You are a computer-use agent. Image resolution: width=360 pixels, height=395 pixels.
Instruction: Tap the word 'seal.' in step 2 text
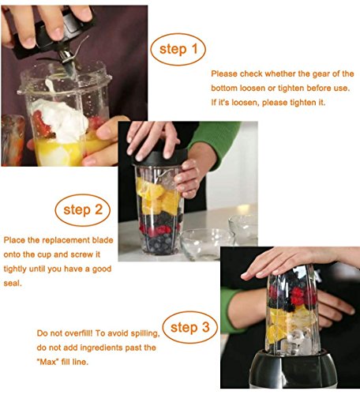tap(13, 284)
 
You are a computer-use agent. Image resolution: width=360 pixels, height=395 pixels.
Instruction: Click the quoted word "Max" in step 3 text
tap(47, 362)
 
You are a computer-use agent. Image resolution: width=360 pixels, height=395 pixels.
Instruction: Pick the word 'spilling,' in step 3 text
tap(145, 333)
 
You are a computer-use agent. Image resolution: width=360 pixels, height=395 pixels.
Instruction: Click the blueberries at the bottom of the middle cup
tap(159, 244)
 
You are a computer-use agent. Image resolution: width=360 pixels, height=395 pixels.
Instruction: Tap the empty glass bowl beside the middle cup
tap(207, 244)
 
